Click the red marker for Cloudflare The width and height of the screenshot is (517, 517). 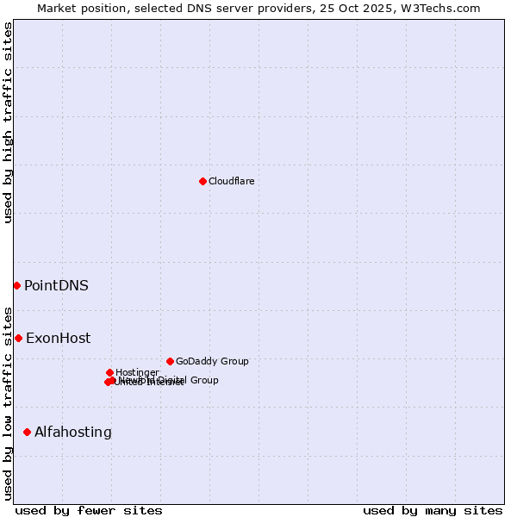pos(202,181)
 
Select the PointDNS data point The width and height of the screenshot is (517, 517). pos(16,285)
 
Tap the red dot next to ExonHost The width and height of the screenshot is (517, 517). pos(18,338)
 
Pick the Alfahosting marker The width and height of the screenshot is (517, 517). pos(27,432)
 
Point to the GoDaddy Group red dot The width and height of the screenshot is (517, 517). pos(170,361)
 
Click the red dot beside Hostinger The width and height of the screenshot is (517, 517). pos(109,372)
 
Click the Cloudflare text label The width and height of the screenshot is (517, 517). pos(231,181)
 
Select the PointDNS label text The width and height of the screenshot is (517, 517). pos(56,285)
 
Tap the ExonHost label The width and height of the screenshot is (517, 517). pos(58,338)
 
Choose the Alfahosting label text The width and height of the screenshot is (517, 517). pos(73,432)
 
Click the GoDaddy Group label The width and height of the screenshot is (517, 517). pos(212,361)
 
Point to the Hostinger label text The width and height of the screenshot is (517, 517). pos(137,372)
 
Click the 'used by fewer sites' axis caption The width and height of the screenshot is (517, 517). pos(89,510)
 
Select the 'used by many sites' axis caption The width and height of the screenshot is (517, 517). pos(433,510)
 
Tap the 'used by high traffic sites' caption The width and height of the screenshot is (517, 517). pos(8,122)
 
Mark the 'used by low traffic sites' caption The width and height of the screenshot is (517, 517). pos(8,403)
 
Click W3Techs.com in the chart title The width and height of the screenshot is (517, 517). pos(444,8)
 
